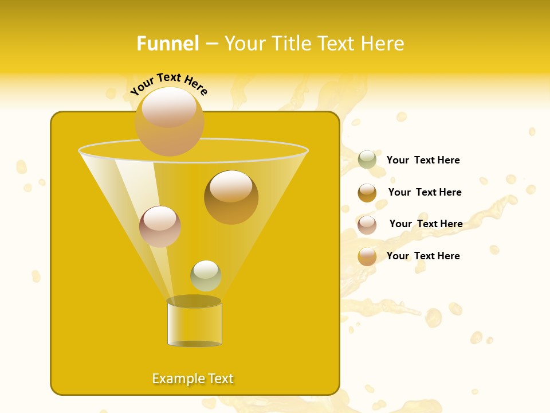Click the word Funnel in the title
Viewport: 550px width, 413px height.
tap(167, 44)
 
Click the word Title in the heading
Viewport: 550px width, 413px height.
tap(290, 44)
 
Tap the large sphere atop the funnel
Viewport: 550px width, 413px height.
tap(170, 122)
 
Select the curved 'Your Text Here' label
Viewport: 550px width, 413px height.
tap(169, 84)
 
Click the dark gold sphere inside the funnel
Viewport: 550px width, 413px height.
tap(231, 197)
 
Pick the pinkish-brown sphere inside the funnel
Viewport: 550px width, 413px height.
tap(160, 227)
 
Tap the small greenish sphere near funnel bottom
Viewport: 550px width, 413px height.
tap(206, 275)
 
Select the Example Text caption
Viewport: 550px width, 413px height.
tap(193, 379)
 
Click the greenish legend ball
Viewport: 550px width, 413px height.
tap(367, 160)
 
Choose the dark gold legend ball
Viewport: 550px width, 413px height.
tap(367, 193)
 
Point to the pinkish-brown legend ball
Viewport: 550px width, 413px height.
tap(367, 224)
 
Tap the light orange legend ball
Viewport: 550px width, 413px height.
tap(367, 256)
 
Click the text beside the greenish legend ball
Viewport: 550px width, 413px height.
tap(423, 160)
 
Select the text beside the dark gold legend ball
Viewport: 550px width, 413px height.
tap(425, 192)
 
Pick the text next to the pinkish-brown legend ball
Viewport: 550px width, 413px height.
tap(426, 224)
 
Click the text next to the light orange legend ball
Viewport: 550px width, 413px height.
tap(423, 256)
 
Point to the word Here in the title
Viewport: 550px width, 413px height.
tap(384, 44)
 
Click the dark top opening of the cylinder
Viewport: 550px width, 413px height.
tap(194, 301)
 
